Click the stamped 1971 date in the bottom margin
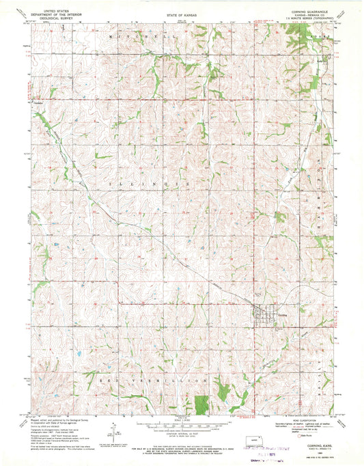260,442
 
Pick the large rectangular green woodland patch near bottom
200,404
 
